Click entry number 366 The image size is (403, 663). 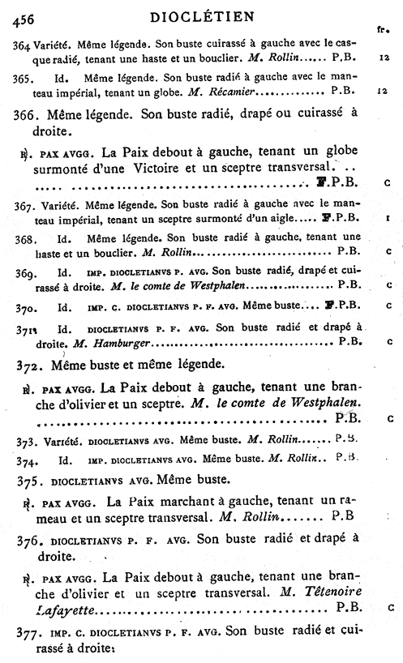26,113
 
